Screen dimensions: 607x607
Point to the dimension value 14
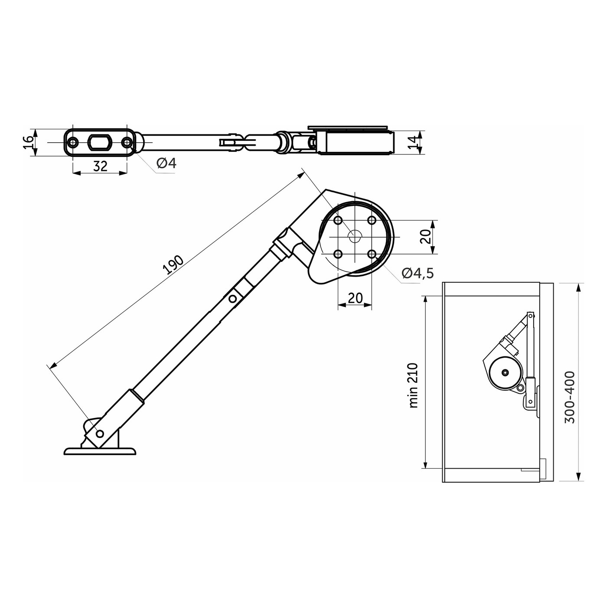(x=414, y=142)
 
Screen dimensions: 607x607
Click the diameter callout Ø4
(x=166, y=163)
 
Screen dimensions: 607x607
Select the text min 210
(x=414, y=385)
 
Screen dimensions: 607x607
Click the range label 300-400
(x=570, y=397)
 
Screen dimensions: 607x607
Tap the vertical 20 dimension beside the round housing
(x=426, y=237)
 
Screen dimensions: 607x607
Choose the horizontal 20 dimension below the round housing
(x=355, y=298)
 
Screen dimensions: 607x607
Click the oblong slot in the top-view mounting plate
(x=100, y=142)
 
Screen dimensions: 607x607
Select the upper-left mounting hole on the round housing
(x=338, y=220)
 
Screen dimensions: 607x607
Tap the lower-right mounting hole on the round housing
(x=372, y=254)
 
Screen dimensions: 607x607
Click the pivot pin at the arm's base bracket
(x=100, y=433)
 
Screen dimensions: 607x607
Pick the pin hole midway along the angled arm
(x=233, y=298)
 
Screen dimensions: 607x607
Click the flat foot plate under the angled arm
(x=100, y=452)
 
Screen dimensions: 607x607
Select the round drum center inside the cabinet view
(x=505, y=372)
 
